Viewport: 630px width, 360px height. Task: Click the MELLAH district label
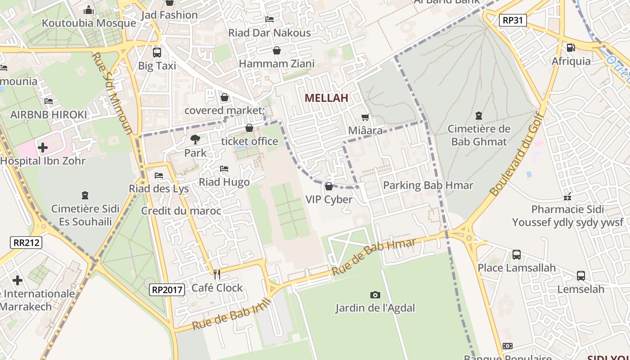coord(326,98)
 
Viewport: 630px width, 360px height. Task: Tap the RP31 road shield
coord(513,20)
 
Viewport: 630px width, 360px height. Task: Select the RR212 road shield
coord(26,243)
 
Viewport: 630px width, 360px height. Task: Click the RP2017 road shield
coord(167,290)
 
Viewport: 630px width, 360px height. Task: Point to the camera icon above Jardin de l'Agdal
coord(375,295)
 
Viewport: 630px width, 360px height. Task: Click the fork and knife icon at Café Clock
coord(217,274)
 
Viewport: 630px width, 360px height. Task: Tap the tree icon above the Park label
coord(195,139)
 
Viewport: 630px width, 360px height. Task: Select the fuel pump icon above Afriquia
coord(571,47)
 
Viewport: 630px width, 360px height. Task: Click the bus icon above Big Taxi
coord(157,52)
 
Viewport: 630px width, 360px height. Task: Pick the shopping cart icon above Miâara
coord(365,117)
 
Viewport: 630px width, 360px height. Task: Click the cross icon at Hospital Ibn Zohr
coord(42,147)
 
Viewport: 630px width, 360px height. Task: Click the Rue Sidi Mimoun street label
coord(112,93)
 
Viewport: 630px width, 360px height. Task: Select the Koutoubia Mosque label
coord(89,23)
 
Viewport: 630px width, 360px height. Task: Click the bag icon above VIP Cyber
coord(329,186)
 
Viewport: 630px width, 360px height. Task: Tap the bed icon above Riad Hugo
coord(224,169)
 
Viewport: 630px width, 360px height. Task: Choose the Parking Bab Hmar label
coord(428,185)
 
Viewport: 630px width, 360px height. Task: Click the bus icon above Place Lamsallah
coord(516,255)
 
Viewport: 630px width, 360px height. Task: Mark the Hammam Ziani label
coord(276,63)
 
